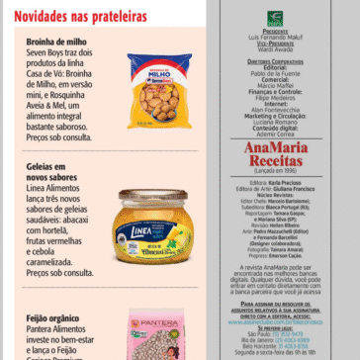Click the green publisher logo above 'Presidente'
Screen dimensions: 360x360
[x=275, y=18]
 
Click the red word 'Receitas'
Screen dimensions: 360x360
[x=274, y=160]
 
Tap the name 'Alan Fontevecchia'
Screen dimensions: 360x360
[x=275, y=109]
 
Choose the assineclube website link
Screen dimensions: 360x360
[x=275, y=322]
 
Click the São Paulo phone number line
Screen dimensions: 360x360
[x=274, y=334]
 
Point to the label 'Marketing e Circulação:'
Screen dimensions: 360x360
[x=275, y=115]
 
